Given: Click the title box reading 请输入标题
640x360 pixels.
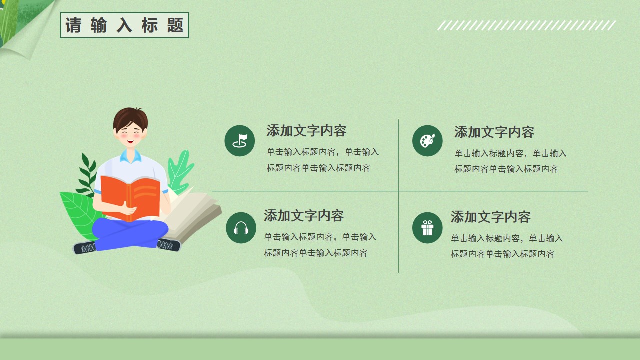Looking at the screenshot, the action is click(x=124, y=25).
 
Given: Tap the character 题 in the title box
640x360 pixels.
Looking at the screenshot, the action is click(x=175, y=25).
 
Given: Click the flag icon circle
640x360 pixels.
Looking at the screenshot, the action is click(x=239, y=141).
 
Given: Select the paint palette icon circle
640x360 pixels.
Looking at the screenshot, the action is click(x=427, y=141).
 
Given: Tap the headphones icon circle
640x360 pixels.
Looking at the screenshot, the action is click(x=241, y=228).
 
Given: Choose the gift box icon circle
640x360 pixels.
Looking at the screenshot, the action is click(x=427, y=228).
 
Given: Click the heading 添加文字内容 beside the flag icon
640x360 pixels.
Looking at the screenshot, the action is click(x=306, y=131).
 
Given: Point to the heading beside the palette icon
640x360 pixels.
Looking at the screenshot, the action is click(x=494, y=132).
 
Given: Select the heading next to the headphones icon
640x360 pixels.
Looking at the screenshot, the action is click(x=303, y=216).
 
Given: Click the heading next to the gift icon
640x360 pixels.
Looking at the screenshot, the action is click(x=490, y=217).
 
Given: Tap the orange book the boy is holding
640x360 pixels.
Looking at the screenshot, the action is click(x=130, y=198).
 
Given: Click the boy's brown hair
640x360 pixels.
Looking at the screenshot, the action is click(x=130, y=118).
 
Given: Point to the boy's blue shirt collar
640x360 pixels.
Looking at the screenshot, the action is click(x=131, y=156).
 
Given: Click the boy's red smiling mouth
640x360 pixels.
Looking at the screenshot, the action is click(x=130, y=141).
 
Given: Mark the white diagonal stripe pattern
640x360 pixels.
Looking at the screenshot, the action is click(x=526, y=25).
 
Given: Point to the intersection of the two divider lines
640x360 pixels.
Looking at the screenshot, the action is click(x=398, y=191).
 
